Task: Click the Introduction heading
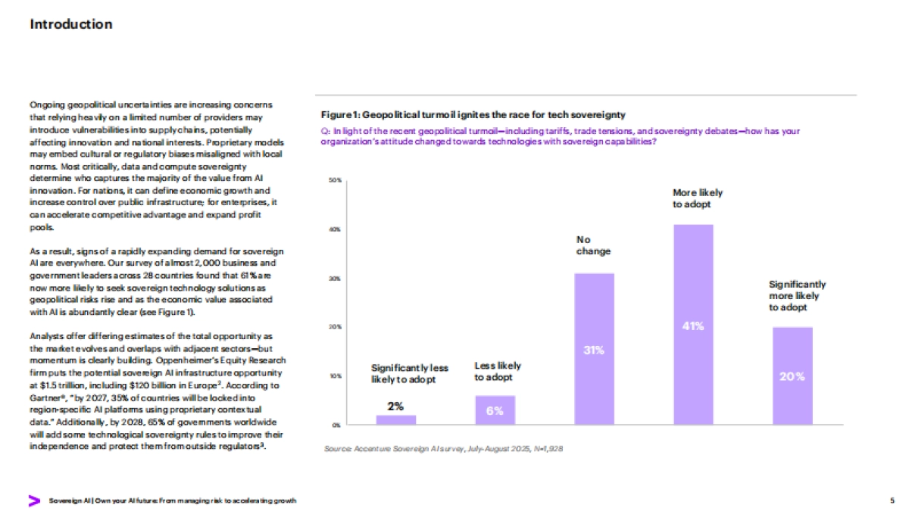coord(71,24)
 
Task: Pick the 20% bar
coord(792,375)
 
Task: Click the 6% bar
coord(495,410)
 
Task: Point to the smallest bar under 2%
coord(396,419)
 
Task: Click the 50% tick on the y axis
coord(335,180)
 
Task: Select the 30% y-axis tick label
coord(335,278)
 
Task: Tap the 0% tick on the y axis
coord(336,424)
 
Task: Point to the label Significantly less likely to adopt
coord(410,373)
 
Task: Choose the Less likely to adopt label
coord(498,371)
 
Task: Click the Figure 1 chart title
coord(474,115)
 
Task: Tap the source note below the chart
coord(443,449)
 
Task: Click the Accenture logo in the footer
coord(34,500)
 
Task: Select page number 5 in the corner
coord(892,500)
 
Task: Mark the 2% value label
coord(395,406)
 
